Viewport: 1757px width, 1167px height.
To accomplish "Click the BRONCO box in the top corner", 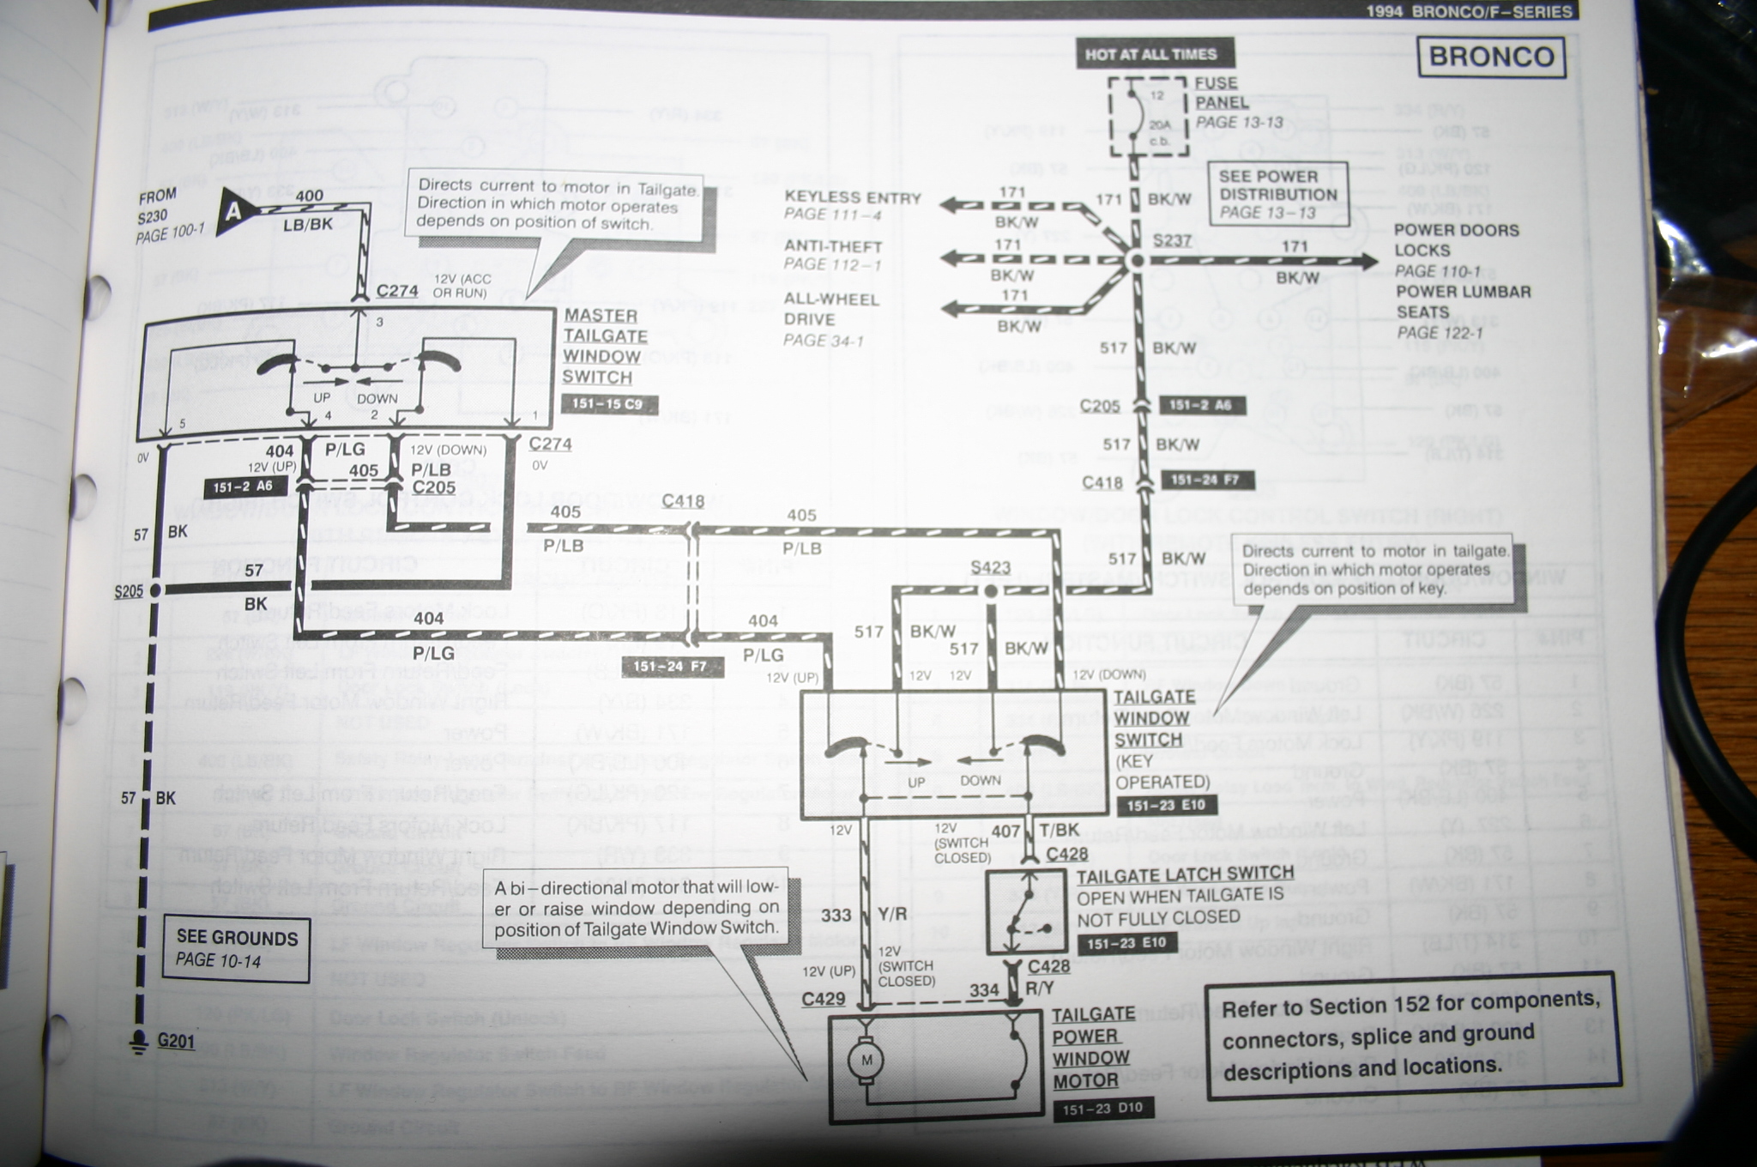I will (x=1491, y=57).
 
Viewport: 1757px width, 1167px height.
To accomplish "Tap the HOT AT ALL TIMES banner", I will (x=1150, y=54).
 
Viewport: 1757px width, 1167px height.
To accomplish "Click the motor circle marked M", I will (x=866, y=1061).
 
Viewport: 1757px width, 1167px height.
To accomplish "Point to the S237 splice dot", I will (x=1137, y=259).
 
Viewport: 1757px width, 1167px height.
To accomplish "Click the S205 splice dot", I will (x=155, y=590).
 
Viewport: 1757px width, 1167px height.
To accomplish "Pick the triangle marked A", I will (x=232, y=211).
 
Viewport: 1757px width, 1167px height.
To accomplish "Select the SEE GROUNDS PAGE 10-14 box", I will (x=236, y=948).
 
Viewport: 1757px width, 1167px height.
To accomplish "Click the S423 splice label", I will (x=990, y=568).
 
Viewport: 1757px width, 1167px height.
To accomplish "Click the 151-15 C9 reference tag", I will (x=609, y=404).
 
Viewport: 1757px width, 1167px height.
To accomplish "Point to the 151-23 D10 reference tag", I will (x=1102, y=1109).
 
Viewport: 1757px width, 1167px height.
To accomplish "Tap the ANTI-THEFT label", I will (x=832, y=246).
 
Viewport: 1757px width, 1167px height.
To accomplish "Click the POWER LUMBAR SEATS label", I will (x=1463, y=302).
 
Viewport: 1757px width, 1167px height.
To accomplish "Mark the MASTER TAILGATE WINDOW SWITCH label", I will (x=604, y=347).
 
